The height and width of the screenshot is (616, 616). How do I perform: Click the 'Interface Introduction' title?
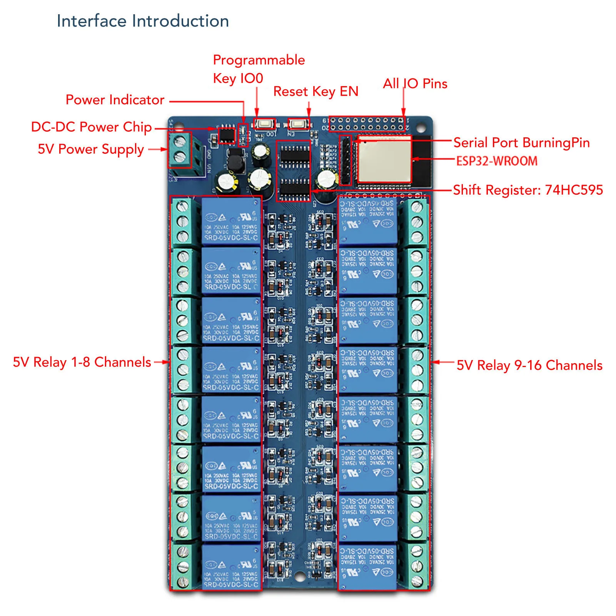(143, 21)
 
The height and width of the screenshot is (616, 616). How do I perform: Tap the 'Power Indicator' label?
(115, 100)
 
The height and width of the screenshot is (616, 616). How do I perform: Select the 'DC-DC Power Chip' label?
(91, 127)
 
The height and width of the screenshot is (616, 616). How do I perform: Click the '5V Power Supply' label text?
(91, 149)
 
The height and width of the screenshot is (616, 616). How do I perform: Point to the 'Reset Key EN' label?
(316, 92)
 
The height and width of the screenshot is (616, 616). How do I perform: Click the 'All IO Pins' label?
(415, 83)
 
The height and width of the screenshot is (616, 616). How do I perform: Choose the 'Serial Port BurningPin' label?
(521, 143)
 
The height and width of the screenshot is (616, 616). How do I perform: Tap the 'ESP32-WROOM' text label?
(497, 161)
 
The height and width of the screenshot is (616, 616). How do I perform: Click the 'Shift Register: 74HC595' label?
(528, 190)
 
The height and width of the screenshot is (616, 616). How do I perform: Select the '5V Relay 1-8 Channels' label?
(82, 362)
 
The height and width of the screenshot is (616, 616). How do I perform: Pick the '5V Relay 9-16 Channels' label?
(529, 365)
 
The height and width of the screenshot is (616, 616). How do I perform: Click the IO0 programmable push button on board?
(264, 124)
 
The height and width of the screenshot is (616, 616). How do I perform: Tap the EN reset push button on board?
(299, 124)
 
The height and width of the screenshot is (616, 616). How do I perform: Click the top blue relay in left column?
(230, 221)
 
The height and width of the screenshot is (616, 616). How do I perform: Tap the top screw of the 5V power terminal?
(180, 140)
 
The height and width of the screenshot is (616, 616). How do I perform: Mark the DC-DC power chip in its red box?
(226, 135)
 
